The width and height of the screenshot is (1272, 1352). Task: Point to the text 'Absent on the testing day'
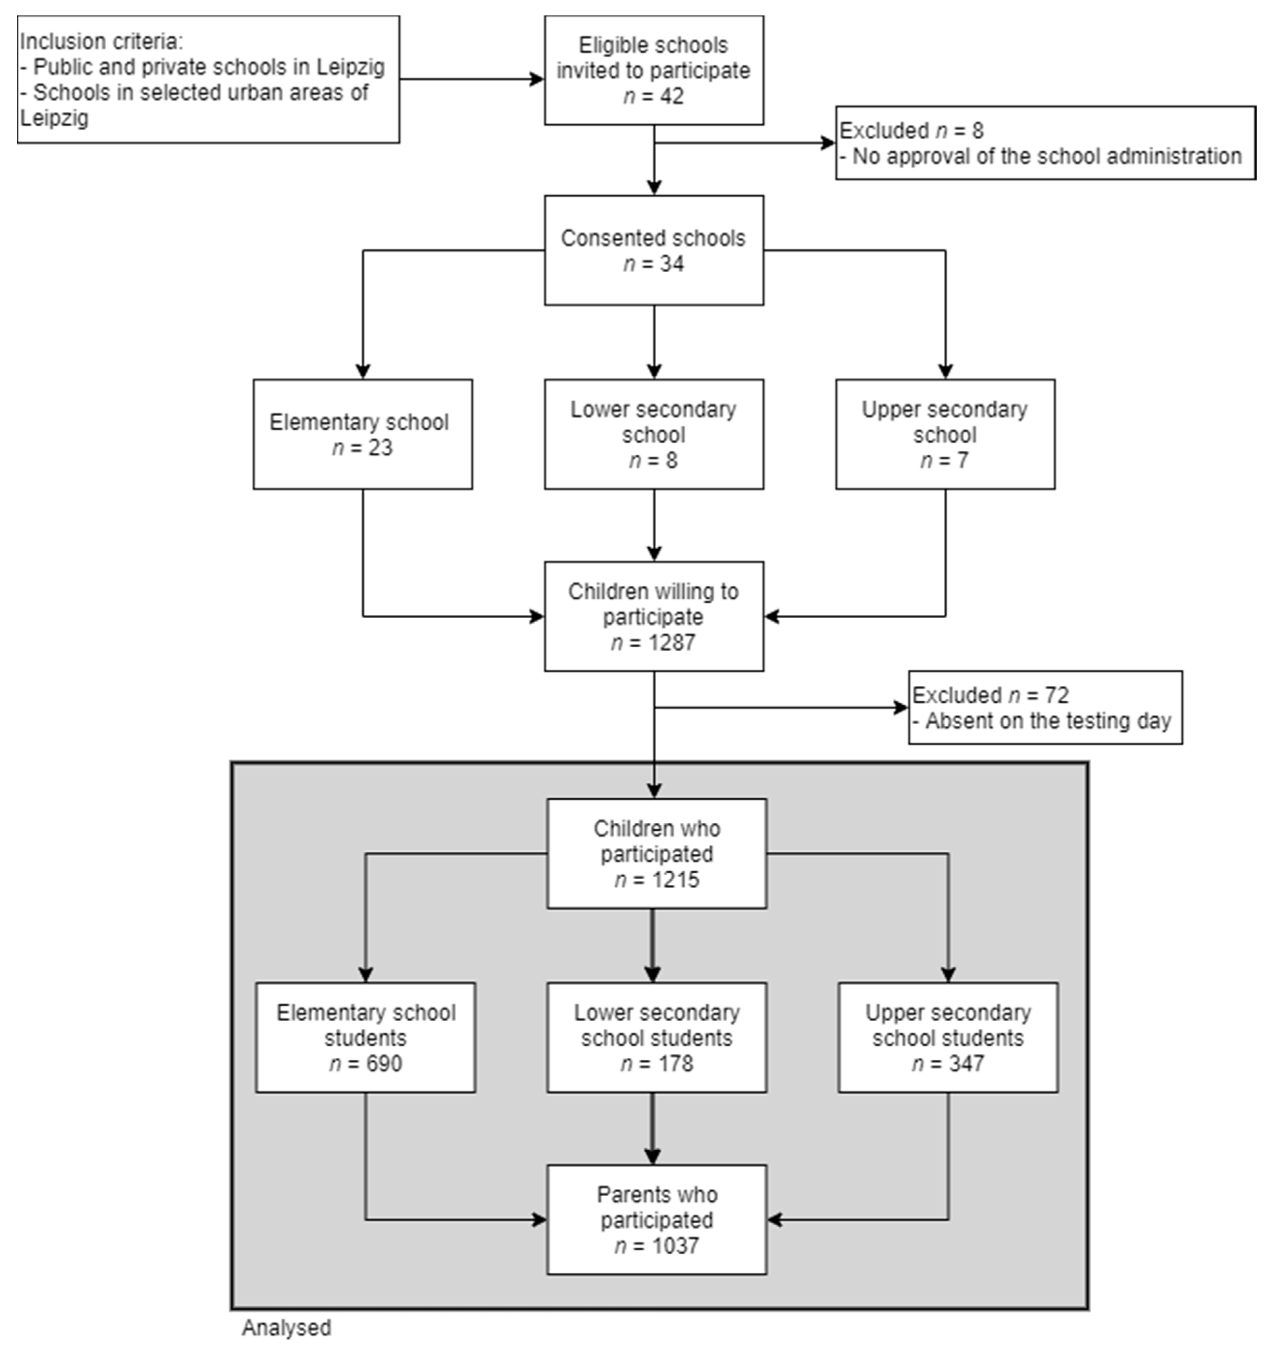1048,721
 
